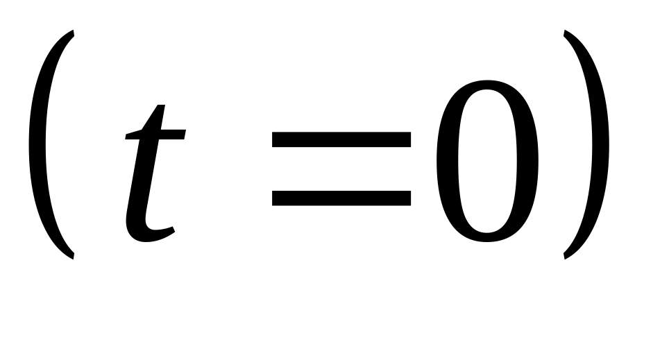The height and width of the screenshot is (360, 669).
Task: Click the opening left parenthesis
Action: tap(37, 144)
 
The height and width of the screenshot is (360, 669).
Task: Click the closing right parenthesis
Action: tap(600, 144)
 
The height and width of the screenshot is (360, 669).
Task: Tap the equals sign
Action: tap(341, 169)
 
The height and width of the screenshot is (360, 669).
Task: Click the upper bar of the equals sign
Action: tap(341, 139)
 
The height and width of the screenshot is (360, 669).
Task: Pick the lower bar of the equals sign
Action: tap(341, 198)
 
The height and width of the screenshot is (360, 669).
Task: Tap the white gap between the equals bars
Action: tap(341, 169)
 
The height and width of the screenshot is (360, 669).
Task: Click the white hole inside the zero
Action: tap(486, 161)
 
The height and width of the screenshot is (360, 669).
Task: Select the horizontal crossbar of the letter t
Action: tap(155, 135)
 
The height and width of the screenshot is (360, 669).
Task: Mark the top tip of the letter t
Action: tap(161, 105)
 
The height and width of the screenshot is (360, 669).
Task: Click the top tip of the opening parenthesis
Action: tap(74, 31)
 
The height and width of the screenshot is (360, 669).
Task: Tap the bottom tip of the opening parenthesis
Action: tap(74, 258)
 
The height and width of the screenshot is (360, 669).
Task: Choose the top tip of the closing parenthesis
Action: tap(564, 31)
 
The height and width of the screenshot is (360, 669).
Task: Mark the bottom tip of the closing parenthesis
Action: tap(564, 258)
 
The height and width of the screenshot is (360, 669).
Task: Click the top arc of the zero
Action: tap(486, 85)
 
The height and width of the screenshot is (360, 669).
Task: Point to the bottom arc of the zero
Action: tap(486, 238)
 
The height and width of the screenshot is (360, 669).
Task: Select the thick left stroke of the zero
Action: tap(447, 161)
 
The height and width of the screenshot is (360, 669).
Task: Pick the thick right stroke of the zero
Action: tap(527, 161)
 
